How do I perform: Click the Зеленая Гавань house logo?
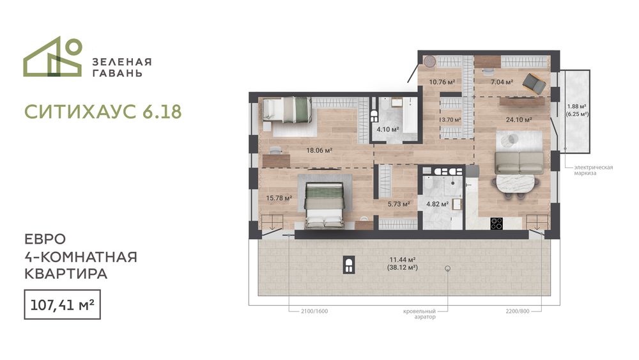[52, 57]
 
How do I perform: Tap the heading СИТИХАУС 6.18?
[103, 112]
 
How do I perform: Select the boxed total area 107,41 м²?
[63, 304]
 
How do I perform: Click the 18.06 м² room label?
[319, 150]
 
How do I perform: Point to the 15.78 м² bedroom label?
[279, 198]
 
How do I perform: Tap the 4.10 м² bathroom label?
[388, 130]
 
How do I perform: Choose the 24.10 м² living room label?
[519, 120]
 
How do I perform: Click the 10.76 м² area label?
[442, 82]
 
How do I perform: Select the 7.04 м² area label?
[502, 82]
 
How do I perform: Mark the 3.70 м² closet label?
[452, 120]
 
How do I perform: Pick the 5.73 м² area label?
[399, 204]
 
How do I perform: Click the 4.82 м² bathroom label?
[437, 204]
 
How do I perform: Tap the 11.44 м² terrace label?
[402, 260]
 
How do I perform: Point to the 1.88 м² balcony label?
[576, 107]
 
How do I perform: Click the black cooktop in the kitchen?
[497, 223]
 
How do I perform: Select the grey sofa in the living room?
[519, 162]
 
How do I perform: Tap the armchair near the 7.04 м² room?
[534, 82]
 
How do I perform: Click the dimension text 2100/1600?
[314, 311]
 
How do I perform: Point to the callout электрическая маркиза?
[594, 170]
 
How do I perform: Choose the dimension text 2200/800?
[518, 311]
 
